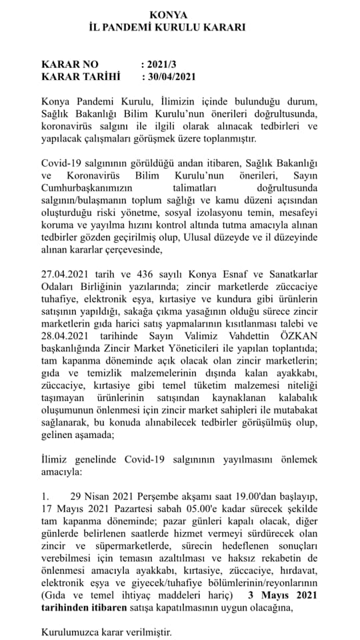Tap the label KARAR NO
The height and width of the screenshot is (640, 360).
point(69,65)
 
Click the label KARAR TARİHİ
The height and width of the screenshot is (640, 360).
point(80,77)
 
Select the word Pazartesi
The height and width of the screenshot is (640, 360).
point(125,509)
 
